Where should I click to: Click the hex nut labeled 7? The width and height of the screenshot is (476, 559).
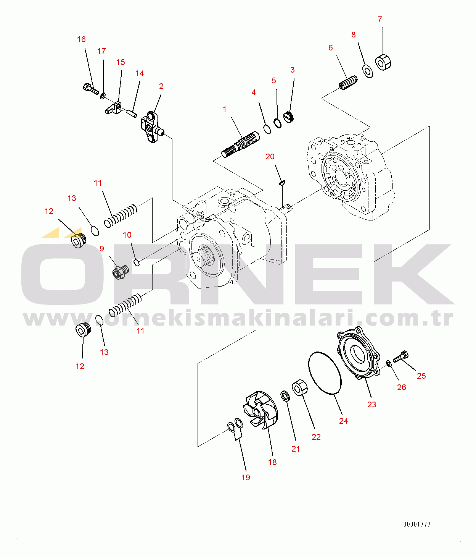click(383, 62)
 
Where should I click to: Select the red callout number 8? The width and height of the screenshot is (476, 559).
click(354, 35)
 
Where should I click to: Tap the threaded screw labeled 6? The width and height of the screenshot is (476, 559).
click(348, 83)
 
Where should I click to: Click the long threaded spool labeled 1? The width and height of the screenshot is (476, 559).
click(240, 144)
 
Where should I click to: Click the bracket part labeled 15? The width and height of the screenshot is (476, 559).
click(114, 108)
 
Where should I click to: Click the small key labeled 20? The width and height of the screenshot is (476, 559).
click(282, 183)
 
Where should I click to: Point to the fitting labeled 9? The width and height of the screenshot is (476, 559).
click(121, 272)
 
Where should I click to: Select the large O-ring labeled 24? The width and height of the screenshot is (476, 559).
click(325, 373)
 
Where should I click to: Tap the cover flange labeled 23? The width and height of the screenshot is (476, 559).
click(358, 352)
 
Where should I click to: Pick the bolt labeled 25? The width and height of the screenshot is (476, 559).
click(401, 356)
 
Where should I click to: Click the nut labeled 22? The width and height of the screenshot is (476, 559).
click(300, 387)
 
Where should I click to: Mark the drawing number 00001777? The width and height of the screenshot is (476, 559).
click(417, 524)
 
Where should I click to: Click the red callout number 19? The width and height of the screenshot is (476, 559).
click(246, 477)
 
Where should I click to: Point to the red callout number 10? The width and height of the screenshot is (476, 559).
click(127, 235)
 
